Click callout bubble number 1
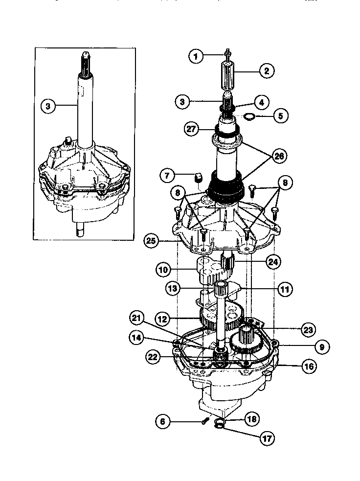[196, 56]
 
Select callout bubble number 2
[267, 71]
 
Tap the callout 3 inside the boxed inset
[48, 105]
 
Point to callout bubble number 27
[192, 129]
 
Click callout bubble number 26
[279, 156]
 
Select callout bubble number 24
[273, 262]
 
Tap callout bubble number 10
[164, 269]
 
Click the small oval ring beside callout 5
[249, 116]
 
